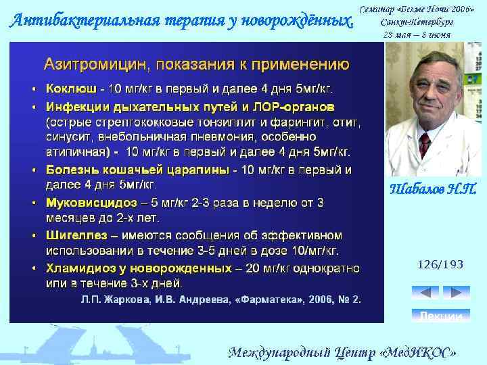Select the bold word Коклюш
(70, 89)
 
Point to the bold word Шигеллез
(74, 236)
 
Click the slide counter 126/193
(440, 264)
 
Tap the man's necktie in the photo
(424, 141)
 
